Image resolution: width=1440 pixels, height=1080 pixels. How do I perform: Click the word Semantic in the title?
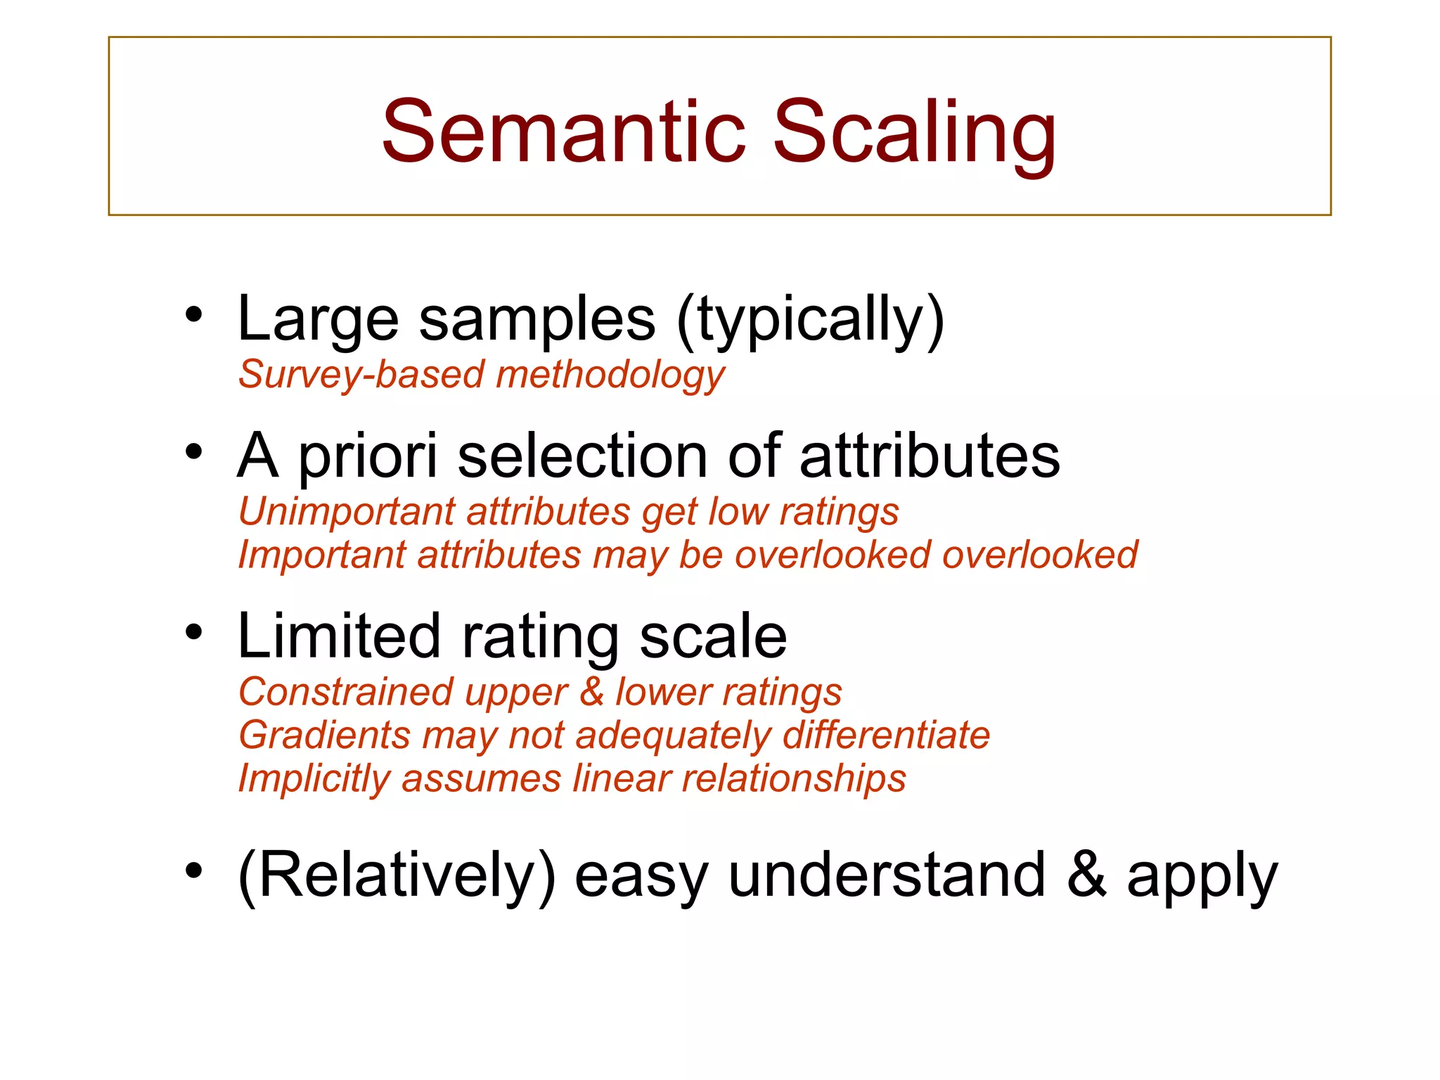coord(562,131)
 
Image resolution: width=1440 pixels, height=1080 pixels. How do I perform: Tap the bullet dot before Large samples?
coord(193,314)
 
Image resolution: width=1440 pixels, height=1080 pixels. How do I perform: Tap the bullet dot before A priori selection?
coord(193,452)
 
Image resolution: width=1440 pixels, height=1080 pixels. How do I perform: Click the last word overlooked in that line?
coord(1039,555)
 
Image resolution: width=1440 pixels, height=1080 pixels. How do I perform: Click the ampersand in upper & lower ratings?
coord(591,692)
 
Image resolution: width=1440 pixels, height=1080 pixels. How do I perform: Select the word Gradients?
coord(324,735)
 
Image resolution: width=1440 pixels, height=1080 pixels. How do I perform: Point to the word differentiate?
coord(886,735)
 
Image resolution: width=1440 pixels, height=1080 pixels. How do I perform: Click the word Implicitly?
coord(314,780)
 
